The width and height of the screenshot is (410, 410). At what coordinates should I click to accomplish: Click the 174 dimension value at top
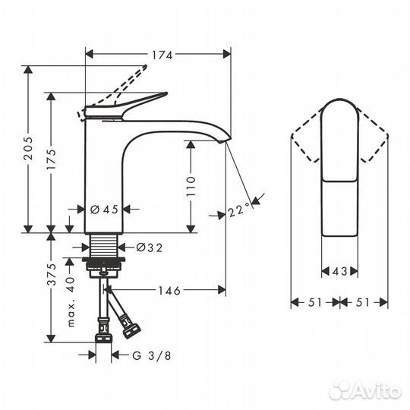tap(161, 54)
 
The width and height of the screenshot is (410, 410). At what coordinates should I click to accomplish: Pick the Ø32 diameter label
tap(150, 246)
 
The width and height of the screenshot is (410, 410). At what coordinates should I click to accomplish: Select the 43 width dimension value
tap(339, 271)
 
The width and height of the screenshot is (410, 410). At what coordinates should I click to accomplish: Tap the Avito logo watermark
tap(365, 390)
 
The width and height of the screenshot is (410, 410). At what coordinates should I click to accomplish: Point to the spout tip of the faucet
tap(225, 137)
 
